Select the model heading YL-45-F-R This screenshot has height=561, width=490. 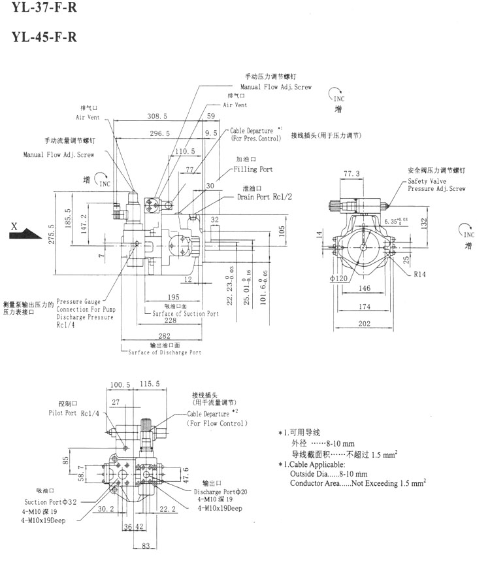pos(43,37)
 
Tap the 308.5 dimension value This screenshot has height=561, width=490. pos(157,116)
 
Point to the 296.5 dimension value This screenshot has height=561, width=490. pos(159,133)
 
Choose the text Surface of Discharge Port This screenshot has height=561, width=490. pos(163,352)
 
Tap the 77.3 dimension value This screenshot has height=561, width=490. pos(352,173)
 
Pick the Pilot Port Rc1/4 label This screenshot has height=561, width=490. pos(74,413)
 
